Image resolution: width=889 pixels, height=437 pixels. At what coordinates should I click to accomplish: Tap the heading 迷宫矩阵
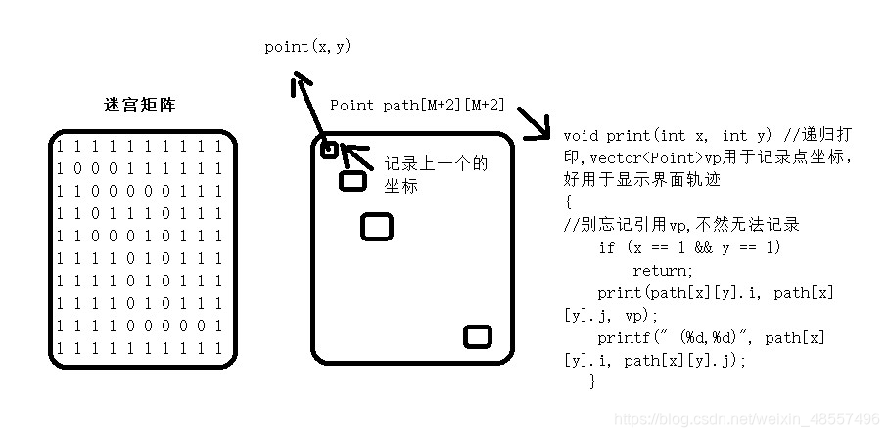pos(140,105)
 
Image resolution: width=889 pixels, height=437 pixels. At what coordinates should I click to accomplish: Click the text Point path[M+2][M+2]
pos(418,105)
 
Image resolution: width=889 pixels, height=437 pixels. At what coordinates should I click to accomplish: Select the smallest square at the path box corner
pos(329,150)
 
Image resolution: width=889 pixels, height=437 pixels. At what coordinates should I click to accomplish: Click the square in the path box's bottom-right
pos(477,336)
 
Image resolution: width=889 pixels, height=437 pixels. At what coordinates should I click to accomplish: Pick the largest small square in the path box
pos(376,227)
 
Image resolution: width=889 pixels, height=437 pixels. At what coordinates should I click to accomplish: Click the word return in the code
pos(662,271)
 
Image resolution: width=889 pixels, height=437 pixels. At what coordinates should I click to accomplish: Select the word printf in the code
pos(622,337)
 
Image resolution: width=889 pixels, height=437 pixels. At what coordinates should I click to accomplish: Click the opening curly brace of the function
pos(568,202)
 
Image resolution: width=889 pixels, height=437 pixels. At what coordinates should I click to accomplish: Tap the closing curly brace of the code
pos(592,382)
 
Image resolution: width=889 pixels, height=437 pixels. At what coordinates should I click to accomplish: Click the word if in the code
pos(607,248)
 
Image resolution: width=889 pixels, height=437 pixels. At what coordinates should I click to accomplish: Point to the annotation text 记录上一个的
pos(436,163)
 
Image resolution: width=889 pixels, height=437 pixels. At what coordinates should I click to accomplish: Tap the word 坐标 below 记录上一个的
pos(400,185)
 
